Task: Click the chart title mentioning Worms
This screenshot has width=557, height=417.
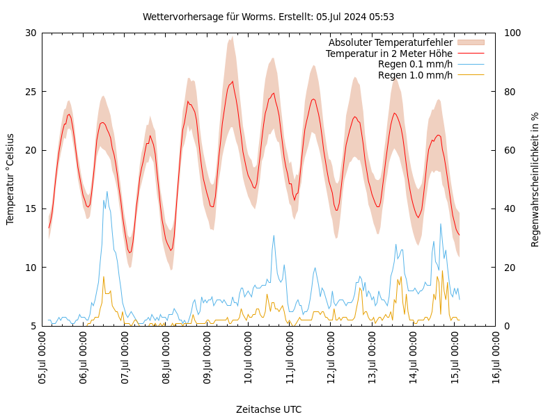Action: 268,17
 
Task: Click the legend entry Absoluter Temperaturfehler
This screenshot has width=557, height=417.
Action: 390,42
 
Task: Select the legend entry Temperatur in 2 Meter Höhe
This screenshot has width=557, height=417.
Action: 389,54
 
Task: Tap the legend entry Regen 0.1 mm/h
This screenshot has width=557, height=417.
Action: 415,64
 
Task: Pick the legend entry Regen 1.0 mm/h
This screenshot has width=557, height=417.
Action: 415,75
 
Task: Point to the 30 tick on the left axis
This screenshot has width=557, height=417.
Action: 30,33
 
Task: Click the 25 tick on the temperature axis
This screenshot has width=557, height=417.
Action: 30,91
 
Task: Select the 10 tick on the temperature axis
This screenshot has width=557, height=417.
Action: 30,267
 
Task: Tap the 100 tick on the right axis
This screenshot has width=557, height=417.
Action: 512,33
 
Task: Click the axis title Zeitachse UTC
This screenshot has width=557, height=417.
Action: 269,409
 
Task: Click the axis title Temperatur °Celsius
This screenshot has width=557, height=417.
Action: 10,179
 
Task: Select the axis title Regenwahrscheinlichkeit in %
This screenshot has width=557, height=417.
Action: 535,179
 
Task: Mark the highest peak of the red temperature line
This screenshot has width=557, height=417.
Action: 232,81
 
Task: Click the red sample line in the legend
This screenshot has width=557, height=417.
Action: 470,54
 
